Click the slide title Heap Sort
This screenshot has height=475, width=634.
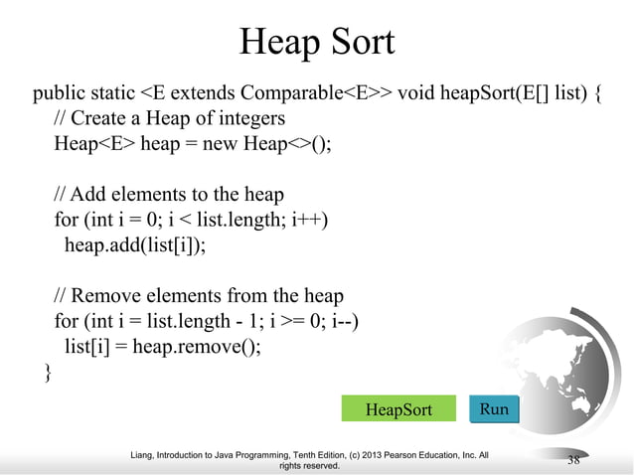[x=317, y=42]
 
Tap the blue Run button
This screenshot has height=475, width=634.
[x=494, y=408]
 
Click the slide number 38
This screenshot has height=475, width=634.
[x=573, y=459]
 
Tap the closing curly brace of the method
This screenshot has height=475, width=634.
[x=41, y=373]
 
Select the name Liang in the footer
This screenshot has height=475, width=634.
[x=146, y=455]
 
